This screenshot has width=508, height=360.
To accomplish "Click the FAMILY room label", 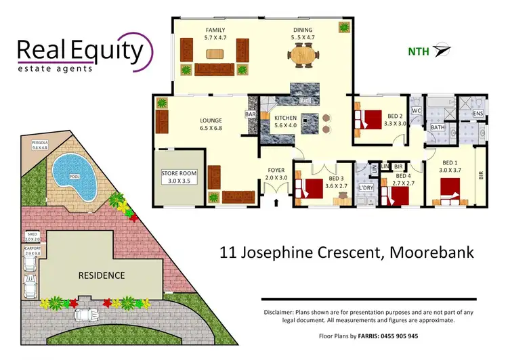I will click(215, 30).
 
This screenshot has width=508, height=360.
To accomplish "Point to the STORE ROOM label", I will click(179, 173).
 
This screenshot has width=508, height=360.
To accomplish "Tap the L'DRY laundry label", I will click(366, 187).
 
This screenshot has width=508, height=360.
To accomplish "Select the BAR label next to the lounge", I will click(251, 116).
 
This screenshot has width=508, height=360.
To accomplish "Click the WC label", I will click(417, 110).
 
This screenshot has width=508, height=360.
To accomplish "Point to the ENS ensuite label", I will click(478, 114).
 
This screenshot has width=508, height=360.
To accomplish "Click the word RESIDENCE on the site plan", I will click(101, 275).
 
